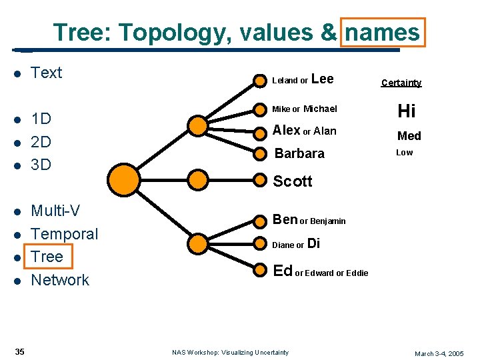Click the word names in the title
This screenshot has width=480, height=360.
tap(382, 32)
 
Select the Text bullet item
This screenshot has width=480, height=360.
tap(47, 73)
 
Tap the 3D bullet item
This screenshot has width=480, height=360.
tap(41, 164)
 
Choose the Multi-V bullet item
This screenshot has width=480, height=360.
tap(56, 211)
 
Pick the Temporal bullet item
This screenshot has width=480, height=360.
tap(65, 234)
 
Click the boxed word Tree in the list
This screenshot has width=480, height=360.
tap(47, 257)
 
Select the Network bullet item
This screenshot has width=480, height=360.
tap(60, 280)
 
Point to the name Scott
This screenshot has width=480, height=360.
tap(293, 181)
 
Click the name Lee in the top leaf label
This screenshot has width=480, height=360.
tap(322, 79)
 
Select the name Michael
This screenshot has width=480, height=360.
tap(320, 109)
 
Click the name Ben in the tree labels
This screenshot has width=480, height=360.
tap(285, 219)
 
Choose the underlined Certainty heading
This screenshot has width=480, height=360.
tap(401, 83)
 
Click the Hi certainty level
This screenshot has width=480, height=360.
tap(406, 111)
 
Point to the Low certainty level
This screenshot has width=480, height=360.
tap(405, 153)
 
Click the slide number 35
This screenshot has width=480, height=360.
tap(20, 351)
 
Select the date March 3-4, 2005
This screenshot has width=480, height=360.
tap(439, 353)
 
